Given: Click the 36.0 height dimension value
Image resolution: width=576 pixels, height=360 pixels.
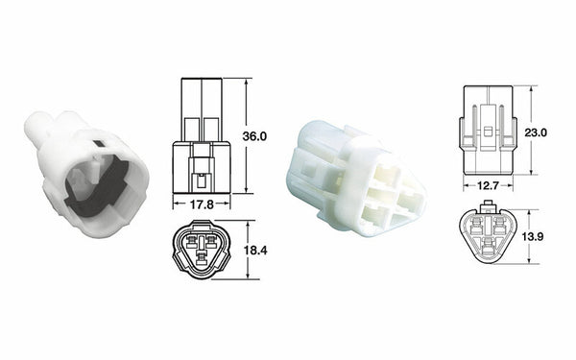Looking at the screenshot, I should point(253,136).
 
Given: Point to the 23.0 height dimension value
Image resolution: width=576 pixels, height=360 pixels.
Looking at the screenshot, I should point(536,134).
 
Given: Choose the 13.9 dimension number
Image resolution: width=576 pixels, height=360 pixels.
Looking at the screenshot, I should point(536,235).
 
